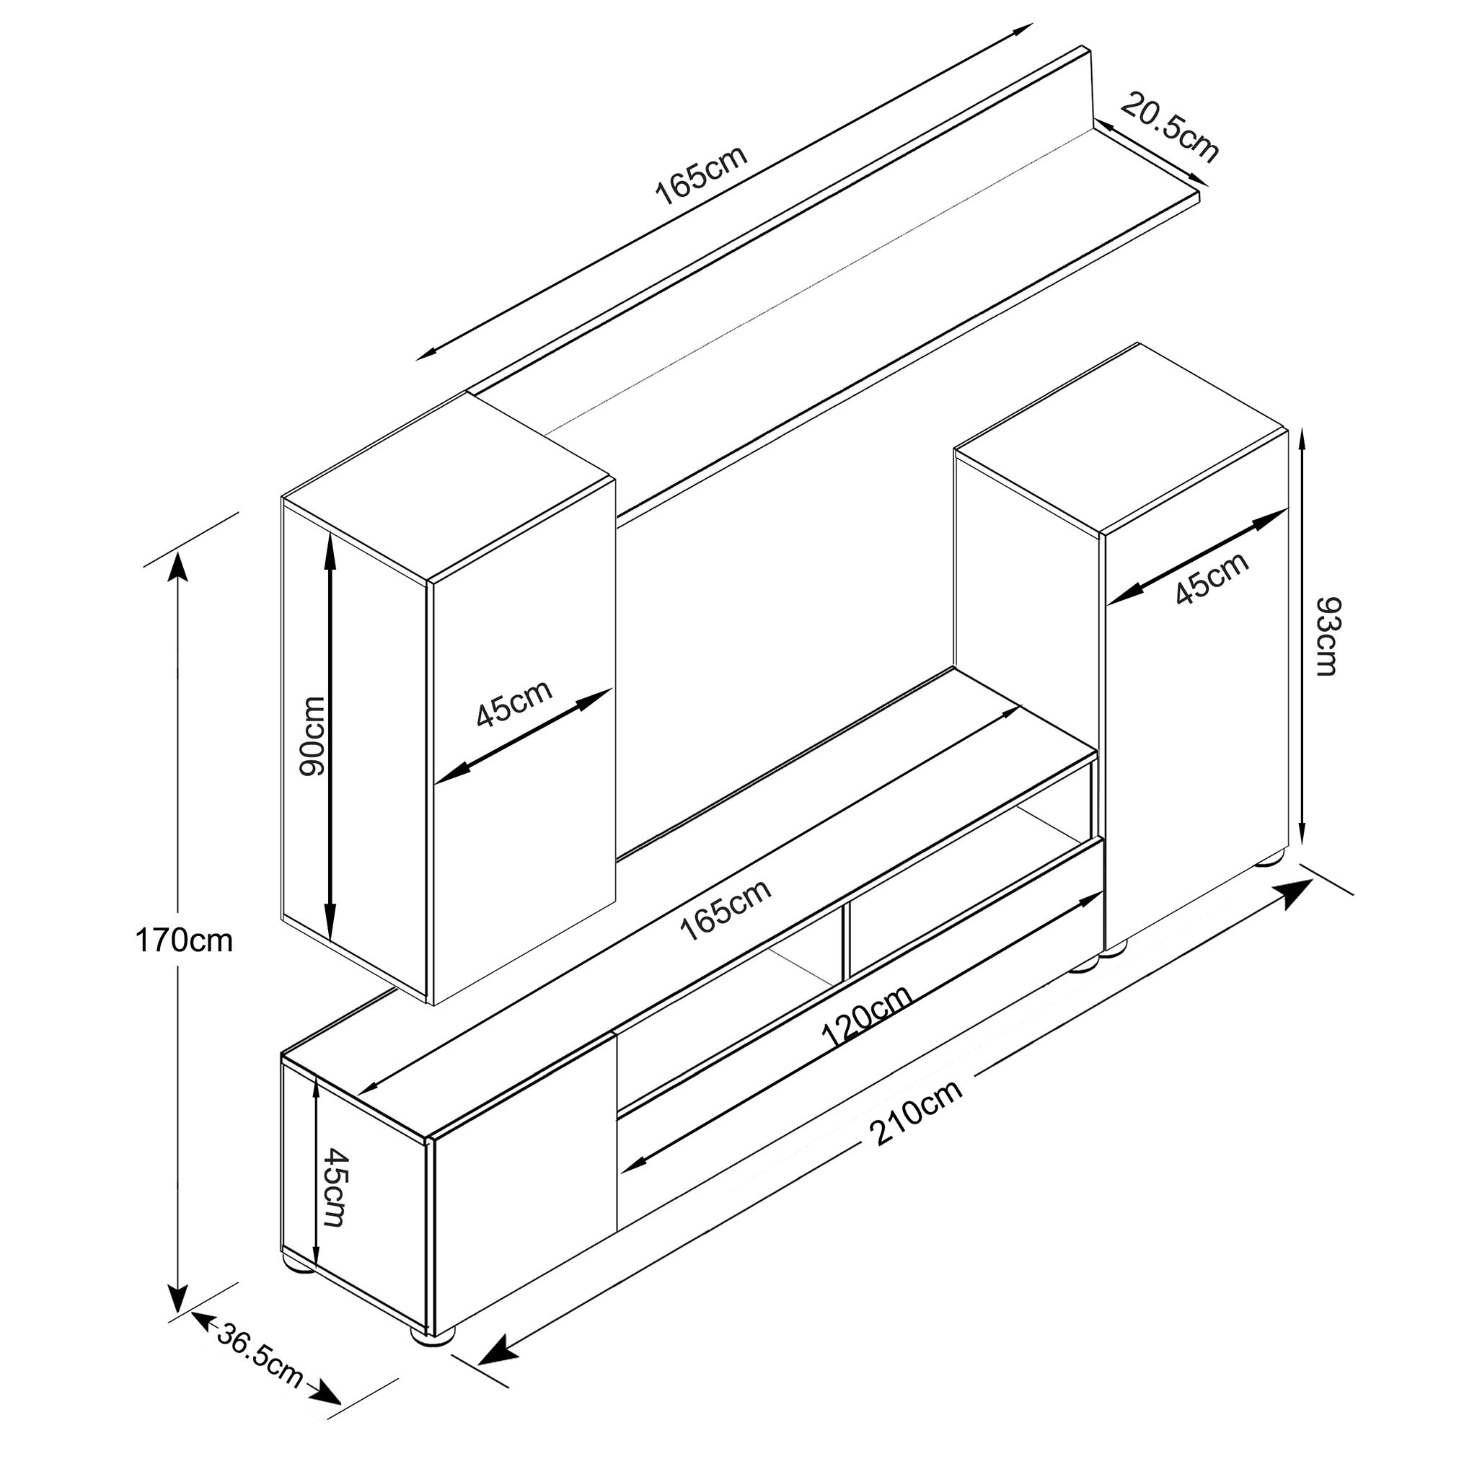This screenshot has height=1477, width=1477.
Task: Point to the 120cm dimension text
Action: point(867,1018)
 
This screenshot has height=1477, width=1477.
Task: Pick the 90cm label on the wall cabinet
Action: point(312,736)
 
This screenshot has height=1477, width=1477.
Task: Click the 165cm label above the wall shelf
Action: point(702,175)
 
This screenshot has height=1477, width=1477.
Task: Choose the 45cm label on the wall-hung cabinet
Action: point(513,702)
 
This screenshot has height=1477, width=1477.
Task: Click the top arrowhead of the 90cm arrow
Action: point(330,548)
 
